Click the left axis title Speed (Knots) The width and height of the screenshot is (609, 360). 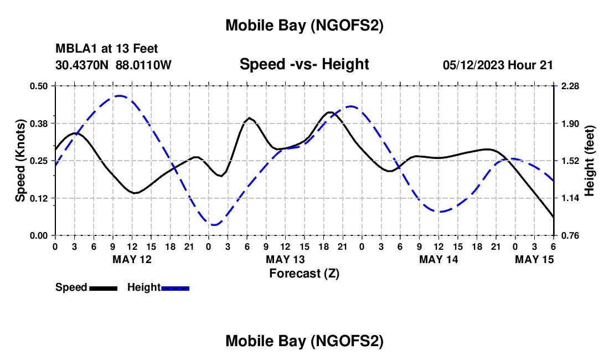[x=20, y=161]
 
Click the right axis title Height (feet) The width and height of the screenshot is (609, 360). [x=589, y=161]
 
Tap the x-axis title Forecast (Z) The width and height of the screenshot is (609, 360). [x=304, y=272]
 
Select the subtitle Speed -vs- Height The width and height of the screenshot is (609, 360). [x=304, y=64]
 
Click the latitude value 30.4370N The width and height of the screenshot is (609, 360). [x=82, y=65]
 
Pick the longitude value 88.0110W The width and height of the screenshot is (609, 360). [x=144, y=65]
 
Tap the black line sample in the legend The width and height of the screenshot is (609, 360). [x=103, y=287]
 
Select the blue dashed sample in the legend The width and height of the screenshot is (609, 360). [x=175, y=287]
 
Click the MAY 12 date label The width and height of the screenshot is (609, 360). [x=132, y=259]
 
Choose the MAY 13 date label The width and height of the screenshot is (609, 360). [x=285, y=259]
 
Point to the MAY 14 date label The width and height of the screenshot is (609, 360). [x=438, y=259]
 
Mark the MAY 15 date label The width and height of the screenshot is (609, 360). [x=534, y=259]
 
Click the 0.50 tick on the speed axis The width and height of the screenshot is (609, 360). [x=40, y=86]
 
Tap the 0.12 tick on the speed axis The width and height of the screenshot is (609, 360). [x=40, y=198]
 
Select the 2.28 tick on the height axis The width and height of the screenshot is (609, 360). [x=570, y=86]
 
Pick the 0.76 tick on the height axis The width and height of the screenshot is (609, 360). [x=570, y=235]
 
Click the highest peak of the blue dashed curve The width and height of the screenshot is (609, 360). [x=119, y=96]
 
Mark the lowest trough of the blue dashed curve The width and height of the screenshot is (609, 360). [x=215, y=224]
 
